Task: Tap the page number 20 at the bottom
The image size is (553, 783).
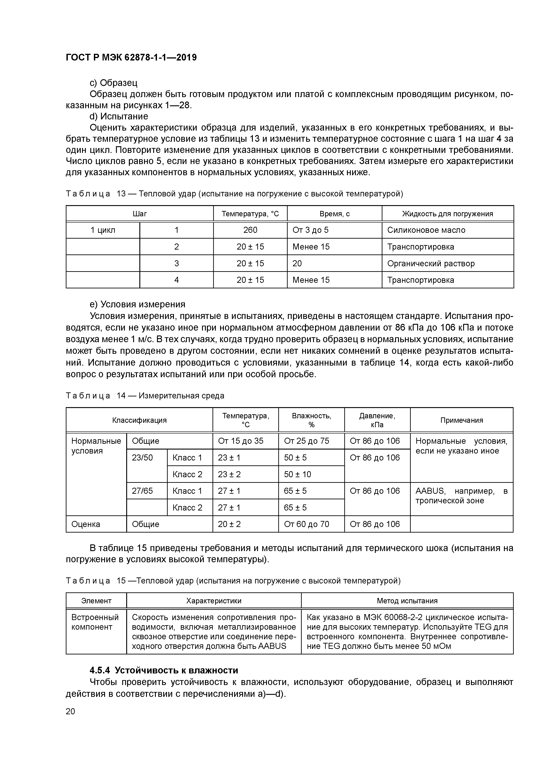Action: point(70,711)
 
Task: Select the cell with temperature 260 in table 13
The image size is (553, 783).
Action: point(250,230)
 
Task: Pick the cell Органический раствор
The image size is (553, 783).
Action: point(431,263)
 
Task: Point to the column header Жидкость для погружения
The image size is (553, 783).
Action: point(447,214)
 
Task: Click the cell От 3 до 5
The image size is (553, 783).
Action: point(310,230)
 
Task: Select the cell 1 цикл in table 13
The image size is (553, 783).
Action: point(103,230)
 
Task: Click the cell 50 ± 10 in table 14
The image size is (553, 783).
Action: point(297,474)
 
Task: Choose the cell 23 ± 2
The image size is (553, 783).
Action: point(229,474)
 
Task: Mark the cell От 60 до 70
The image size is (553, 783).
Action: point(306,524)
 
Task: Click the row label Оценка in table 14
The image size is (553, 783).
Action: point(86,524)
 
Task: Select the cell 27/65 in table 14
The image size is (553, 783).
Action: point(142,491)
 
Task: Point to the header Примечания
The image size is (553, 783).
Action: point(461,420)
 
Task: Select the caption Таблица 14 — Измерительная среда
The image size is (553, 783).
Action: point(145,396)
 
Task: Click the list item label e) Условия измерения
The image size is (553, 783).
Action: point(137,304)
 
